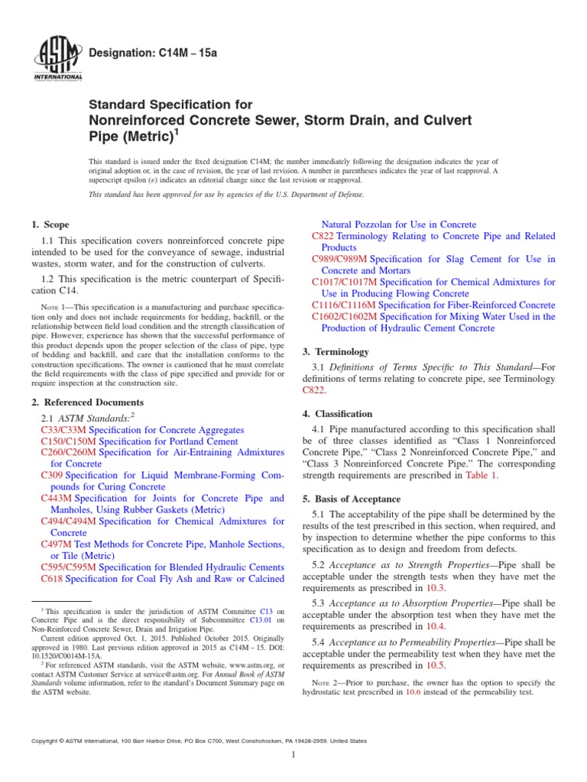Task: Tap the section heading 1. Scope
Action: pos(50,225)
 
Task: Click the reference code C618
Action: pos(52,578)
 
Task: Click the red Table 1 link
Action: pos(482,475)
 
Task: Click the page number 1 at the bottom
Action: pos(293,755)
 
